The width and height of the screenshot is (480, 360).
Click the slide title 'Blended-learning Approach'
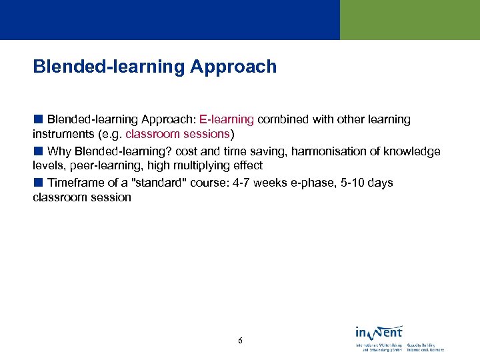click(155, 67)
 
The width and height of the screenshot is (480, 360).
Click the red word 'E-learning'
click(227, 119)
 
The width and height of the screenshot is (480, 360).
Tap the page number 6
click(240, 341)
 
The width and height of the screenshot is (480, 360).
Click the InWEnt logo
click(379, 332)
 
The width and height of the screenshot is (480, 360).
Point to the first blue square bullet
click(38, 119)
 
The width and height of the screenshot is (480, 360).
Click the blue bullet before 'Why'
click(38, 151)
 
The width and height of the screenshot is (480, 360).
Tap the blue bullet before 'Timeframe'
click(38, 183)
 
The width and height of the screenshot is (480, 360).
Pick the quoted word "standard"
click(159, 183)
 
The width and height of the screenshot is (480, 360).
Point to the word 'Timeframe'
click(75, 183)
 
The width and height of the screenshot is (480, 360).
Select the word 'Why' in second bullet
click(59, 151)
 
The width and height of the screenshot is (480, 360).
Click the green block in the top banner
click(409, 20)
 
